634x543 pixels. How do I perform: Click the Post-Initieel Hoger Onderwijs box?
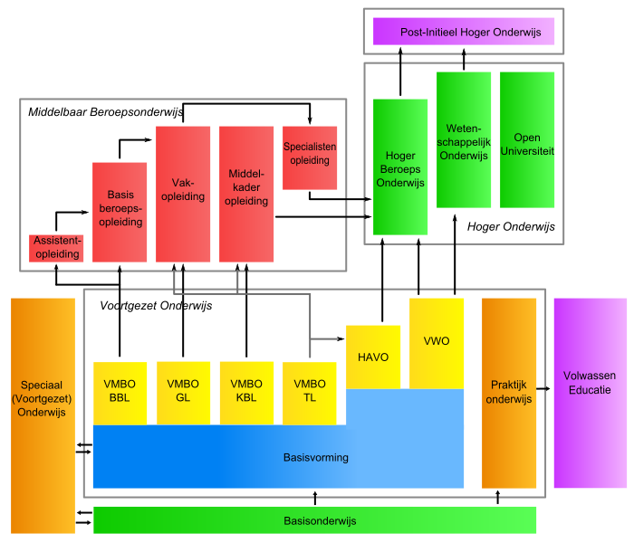click(464, 32)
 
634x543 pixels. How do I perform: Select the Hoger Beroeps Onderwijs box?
click(400, 167)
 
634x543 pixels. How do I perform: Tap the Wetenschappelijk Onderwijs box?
click(464, 140)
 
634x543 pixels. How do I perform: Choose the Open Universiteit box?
click(527, 140)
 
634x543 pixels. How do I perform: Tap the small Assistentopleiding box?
click(56, 248)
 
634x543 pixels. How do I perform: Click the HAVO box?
click(373, 357)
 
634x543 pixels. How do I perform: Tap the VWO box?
click(437, 343)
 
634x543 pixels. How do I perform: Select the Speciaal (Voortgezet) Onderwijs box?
click(43, 415)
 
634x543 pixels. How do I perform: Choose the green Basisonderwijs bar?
click(315, 520)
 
